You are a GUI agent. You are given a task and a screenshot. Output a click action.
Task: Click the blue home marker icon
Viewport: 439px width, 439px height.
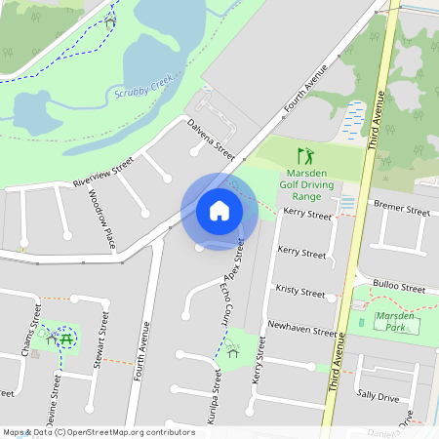pyautogui.click(x=219, y=211)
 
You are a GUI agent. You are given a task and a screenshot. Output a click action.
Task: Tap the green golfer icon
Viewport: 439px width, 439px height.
pyautogui.click(x=306, y=155)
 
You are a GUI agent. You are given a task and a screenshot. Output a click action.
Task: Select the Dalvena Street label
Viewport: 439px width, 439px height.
pyautogui.click(x=213, y=139)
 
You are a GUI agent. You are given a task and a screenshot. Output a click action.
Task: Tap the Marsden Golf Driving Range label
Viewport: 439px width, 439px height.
pyautogui.click(x=307, y=180)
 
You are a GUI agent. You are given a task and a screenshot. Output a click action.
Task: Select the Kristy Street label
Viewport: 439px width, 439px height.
pyautogui.click(x=299, y=292)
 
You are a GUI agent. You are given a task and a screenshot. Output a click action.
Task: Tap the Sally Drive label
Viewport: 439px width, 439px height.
pyautogui.click(x=378, y=396)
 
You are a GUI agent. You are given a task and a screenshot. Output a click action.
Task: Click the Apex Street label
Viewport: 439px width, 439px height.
pyautogui.click(x=237, y=255)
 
